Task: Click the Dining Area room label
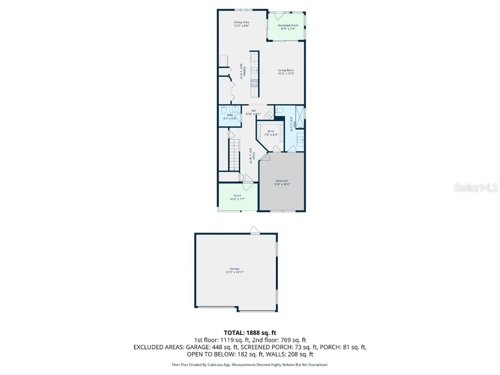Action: click(x=241, y=22)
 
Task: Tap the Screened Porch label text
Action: click(x=288, y=25)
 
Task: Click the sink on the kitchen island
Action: click(x=254, y=70)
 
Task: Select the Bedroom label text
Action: click(x=282, y=181)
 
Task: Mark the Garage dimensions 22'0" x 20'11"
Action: click(x=234, y=271)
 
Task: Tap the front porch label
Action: click(x=237, y=196)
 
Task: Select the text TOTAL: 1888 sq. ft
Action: click(x=250, y=333)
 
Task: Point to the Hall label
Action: click(x=253, y=111)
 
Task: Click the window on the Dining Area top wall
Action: click(x=240, y=10)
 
